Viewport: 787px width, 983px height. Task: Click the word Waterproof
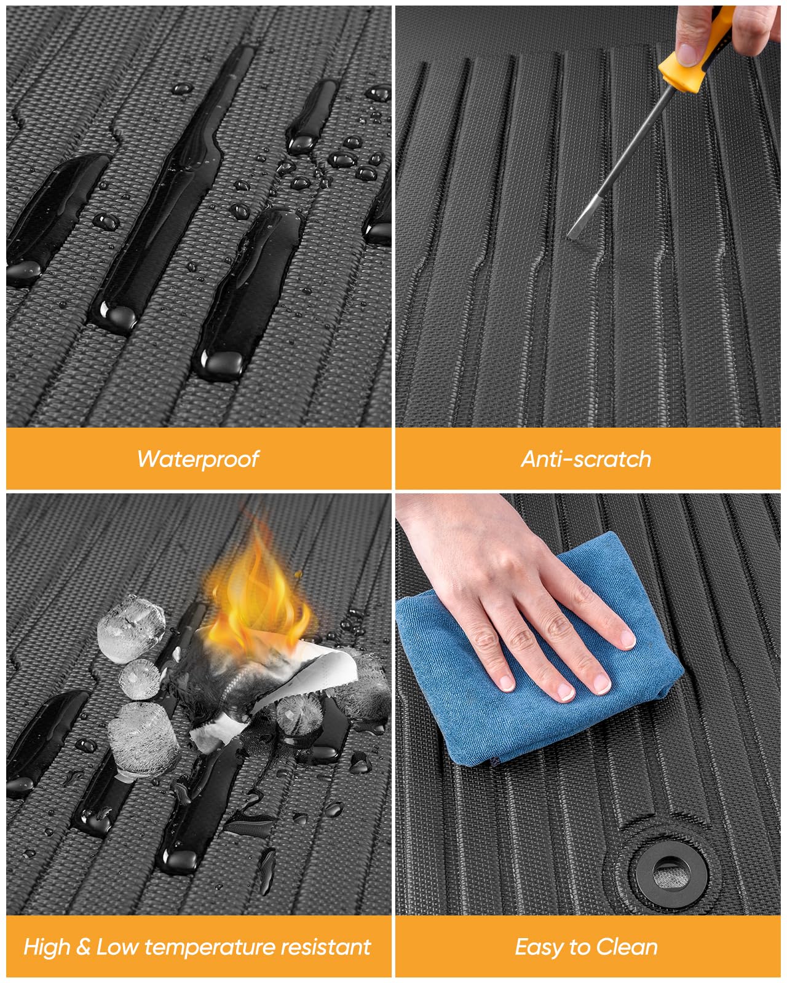(199, 459)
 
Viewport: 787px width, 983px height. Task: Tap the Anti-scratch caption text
(586, 459)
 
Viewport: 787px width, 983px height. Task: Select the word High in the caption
(46, 947)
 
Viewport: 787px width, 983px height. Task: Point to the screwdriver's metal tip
(570, 236)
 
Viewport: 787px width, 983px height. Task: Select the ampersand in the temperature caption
(83, 948)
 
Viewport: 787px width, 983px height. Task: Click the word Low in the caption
(117, 947)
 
